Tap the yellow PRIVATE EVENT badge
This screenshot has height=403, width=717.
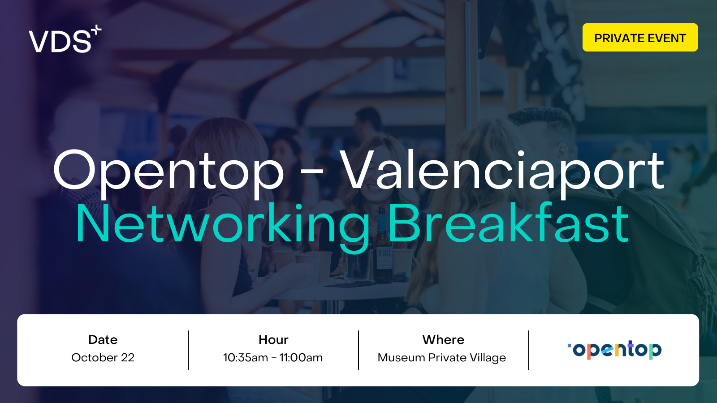tap(640, 38)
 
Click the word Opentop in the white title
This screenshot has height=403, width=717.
tap(168, 173)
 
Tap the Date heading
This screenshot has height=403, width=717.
tap(103, 340)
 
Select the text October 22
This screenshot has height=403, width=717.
tap(103, 358)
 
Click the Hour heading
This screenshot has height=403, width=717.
tap(273, 340)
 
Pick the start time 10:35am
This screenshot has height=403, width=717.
tap(246, 358)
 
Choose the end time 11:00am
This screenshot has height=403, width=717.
tap(301, 358)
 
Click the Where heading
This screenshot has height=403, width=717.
tap(443, 340)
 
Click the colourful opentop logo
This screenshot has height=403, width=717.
tap(614, 350)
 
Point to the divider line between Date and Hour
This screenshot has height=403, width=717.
tap(189, 350)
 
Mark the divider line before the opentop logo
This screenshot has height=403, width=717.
tap(528, 350)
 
